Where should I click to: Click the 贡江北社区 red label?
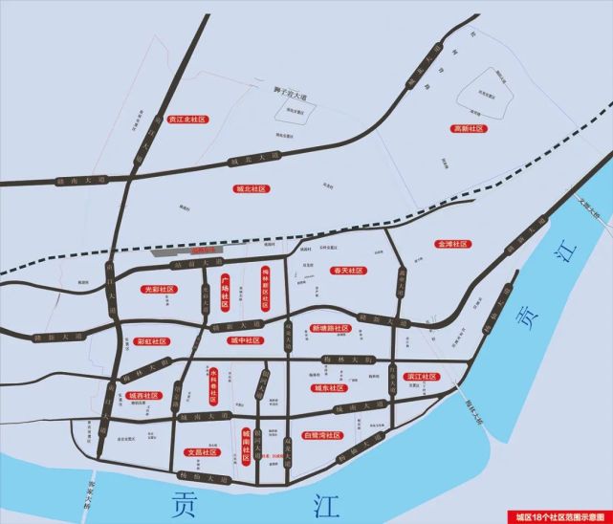point(186,120)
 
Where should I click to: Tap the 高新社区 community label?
point(469,128)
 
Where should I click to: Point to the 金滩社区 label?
point(450,244)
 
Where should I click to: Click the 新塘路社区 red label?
point(331,328)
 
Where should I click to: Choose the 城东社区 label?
point(330,388)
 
